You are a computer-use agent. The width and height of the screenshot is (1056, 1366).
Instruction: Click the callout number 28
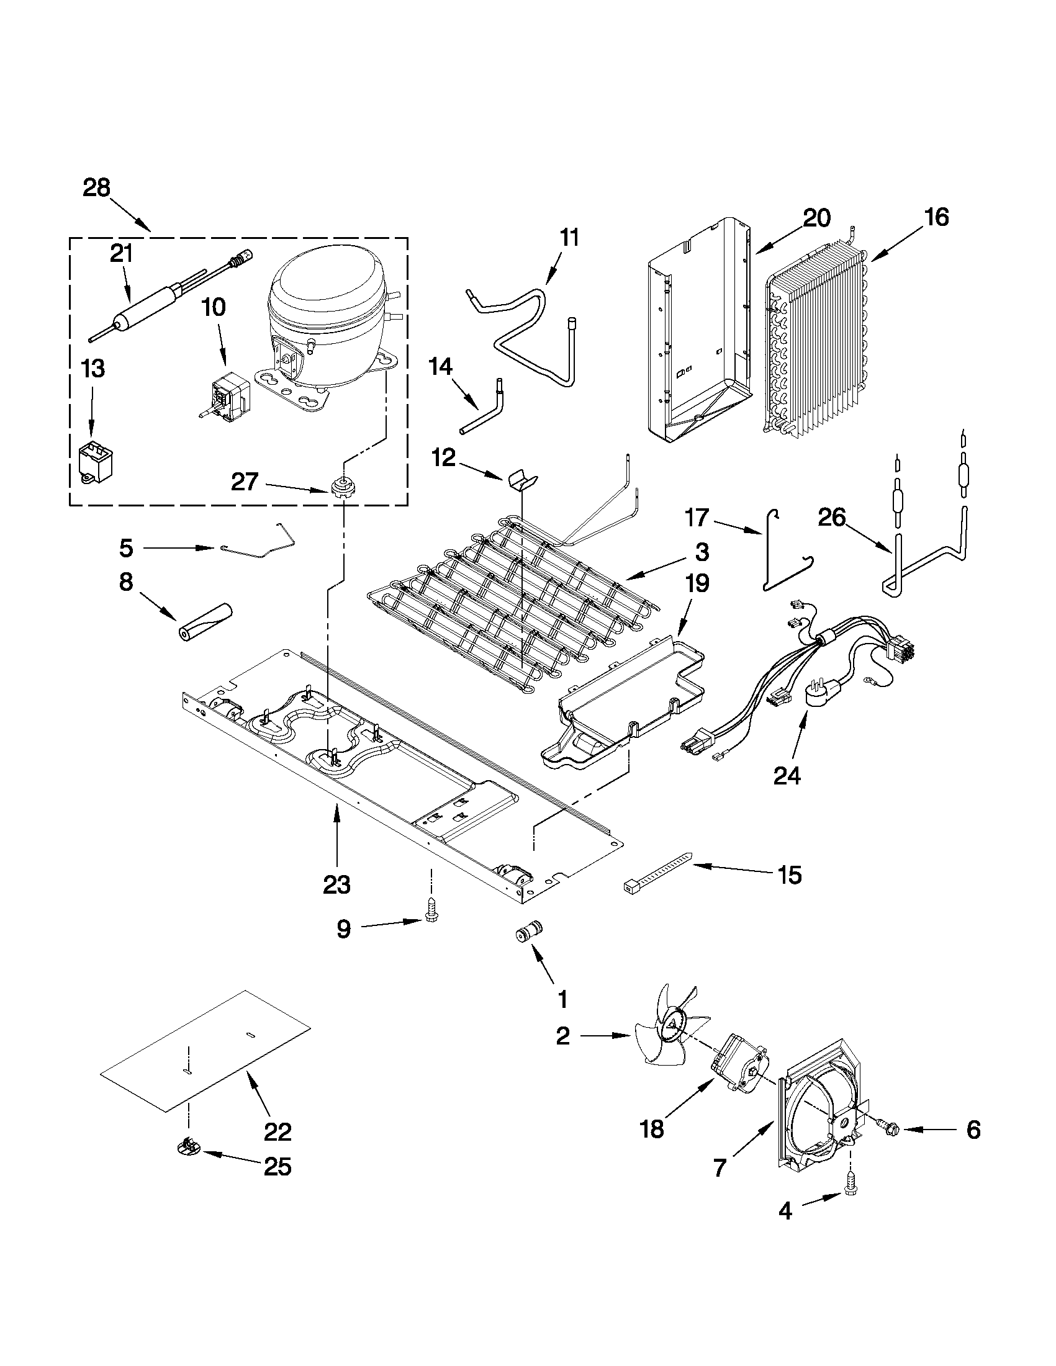(x=96, y=187)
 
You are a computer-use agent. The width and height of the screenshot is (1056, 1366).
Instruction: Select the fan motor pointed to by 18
(x=741, y=1072)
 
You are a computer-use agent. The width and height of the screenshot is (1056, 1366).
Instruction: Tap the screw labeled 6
(x=889, y=1130)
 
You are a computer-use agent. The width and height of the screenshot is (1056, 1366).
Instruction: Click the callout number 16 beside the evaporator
(x=937, y=217)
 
